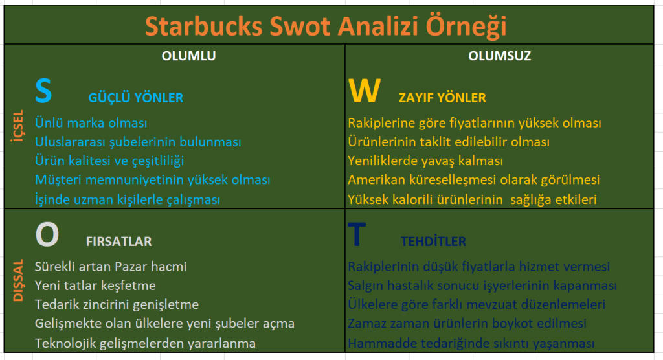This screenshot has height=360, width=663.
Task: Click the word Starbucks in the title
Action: point(204,27)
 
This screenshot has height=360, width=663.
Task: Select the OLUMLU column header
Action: point(188,56)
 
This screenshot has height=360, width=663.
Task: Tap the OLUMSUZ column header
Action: point(499,56)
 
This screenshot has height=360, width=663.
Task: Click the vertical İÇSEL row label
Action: point(17,126)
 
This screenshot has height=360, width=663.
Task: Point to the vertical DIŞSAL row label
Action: point(17,280)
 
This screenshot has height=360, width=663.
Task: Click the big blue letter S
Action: point(43,91)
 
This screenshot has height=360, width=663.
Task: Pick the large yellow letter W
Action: point(364,91)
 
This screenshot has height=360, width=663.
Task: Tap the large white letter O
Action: point(47,234)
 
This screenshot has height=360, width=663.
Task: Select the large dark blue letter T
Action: point(357,234)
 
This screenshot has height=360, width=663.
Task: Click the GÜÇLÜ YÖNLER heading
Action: point(136,98)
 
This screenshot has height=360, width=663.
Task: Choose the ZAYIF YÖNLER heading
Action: point(442,98)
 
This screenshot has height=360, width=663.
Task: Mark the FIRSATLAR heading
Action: point(119,242)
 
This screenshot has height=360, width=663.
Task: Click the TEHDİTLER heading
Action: point(433,241)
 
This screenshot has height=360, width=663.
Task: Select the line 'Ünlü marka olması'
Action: point(91,122)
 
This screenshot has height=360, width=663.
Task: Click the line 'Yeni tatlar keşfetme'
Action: point(95,286)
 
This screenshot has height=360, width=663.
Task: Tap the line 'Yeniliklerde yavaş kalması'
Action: point(425,161)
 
